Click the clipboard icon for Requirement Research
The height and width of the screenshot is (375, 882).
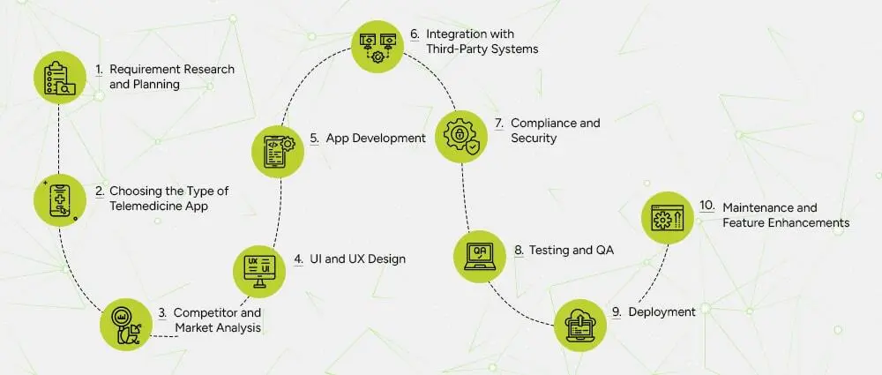tap(61, 76)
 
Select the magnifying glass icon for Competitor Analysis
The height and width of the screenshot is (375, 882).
tap(126, 321)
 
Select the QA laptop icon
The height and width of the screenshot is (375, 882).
tap(481, 256)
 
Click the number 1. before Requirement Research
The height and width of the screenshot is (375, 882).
tap(99, 69)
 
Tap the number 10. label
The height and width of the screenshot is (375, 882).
tap(706, 206)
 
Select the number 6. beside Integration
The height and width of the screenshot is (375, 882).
tap(414, 34)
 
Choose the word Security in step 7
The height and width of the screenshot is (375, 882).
tap(534, 139)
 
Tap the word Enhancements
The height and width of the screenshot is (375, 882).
tap(811, 222)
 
